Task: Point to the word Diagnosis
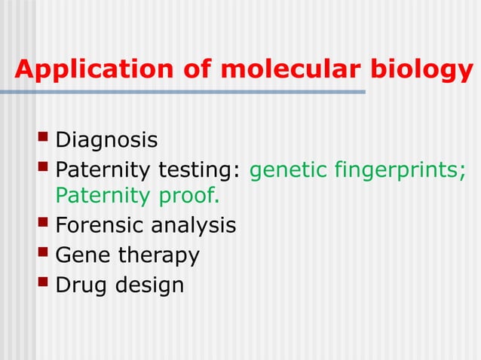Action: pyautogui.click(x=106, y=140)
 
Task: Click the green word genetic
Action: pyautogui.click(x=287, y=169)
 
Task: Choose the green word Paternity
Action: pyautogui.click(x=103, y=196)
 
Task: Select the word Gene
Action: pyautogui.click(x=83, y=255)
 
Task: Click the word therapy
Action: pyautogui.click(x=159, y=256)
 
